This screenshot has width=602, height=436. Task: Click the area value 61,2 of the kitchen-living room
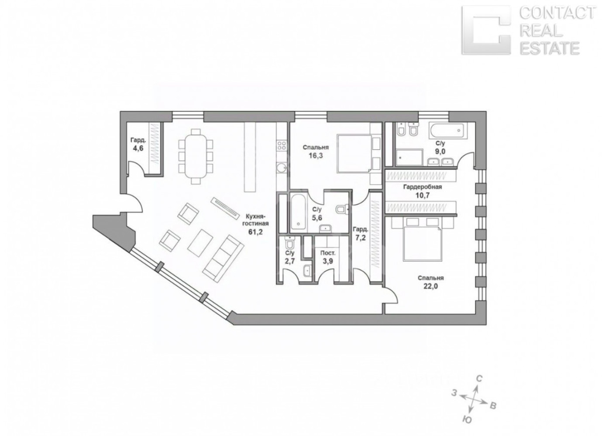point(255,232)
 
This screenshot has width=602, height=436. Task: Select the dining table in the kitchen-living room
point(196,156)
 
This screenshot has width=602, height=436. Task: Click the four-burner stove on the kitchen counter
point(282,146)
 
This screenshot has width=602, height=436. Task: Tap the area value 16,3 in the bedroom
point(316,156)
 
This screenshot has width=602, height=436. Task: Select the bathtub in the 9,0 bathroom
point(447,131)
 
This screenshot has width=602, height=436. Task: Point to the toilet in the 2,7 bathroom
point(289,243)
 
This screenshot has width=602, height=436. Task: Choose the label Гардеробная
point(422,187)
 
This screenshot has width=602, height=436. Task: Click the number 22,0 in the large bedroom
point(430,286)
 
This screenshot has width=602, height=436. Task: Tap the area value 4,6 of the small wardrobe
point(138,149)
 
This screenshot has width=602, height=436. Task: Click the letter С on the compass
point(479,378)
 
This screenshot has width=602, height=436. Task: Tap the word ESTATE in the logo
point(550,48)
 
